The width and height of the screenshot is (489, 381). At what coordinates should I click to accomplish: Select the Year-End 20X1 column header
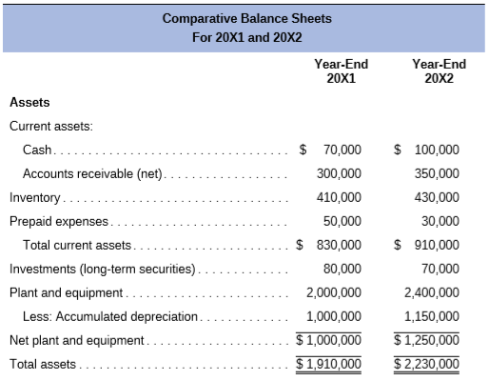tap(341, 71)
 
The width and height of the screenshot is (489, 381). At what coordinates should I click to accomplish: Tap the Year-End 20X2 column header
tap(440, 71)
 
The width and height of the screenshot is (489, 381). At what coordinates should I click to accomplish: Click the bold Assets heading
tap(29, 102)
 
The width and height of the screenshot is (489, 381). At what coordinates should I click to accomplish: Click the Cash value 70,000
tap(341, 150)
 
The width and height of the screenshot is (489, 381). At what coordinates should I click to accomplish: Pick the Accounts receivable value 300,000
tap(339, 173)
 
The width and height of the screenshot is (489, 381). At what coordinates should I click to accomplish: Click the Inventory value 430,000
tap(437, 197)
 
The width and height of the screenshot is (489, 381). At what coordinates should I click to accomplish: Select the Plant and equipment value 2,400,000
tap(432, 292)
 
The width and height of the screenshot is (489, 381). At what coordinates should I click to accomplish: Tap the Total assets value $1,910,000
tap(329, 363)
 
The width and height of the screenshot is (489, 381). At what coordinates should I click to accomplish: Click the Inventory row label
tap(35, 197)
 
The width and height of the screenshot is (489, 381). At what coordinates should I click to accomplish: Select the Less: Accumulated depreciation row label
tap(110, 316)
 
